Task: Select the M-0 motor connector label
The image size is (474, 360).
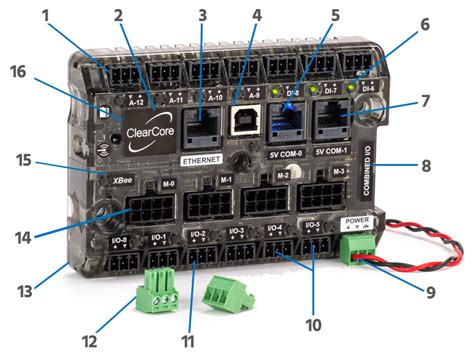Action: click(x=167, y=184)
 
